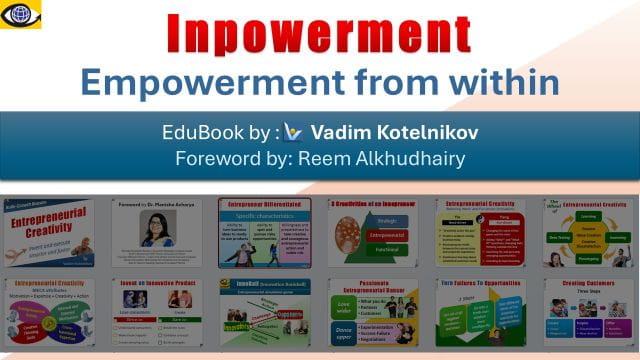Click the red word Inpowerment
(x=320, y=34)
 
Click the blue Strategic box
(x=387, y=222)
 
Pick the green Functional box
(x=387, y=257)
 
